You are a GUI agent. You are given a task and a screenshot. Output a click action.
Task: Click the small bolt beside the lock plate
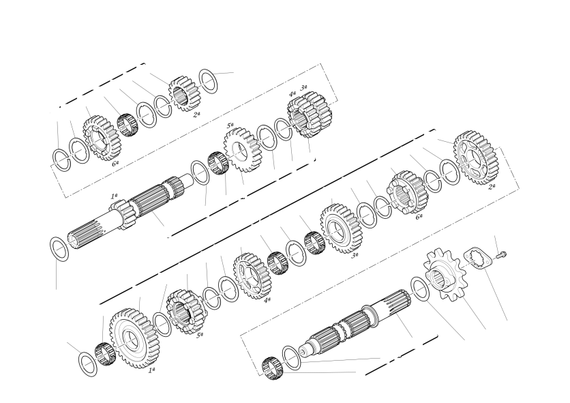point(502,255)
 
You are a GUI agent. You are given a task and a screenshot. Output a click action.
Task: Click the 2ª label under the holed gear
point(492,187)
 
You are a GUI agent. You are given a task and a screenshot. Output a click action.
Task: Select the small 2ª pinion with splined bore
point(184,93)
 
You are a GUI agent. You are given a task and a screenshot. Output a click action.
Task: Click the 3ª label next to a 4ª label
point(303,87)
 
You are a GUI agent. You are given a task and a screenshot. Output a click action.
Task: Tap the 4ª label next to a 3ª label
point(292,93)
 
